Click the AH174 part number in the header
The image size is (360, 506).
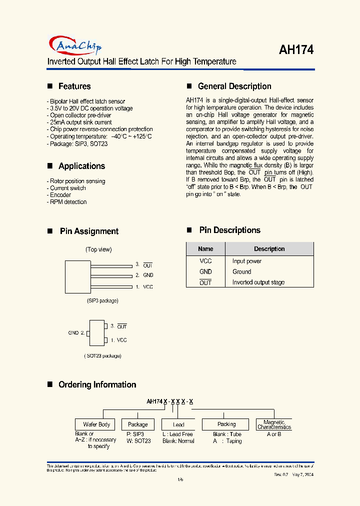click(x=295, y=49)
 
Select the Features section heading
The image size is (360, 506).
click(x=74, y=86)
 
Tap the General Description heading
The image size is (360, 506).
click(x=234, y=86)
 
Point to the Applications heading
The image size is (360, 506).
click(x=81, y=166)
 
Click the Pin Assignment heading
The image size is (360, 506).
click(x=89, y=231)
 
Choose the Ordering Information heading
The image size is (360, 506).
click(x=97, y=385)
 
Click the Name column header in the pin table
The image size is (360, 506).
click(x=205, y=249)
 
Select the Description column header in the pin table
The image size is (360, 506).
click(x=269, y=249)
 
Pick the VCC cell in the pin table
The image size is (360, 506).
click(x=205, y=261)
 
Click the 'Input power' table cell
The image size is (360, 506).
click(x=247, y=261)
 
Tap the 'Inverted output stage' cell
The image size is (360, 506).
click(x=258, y=282)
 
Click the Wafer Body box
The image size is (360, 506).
click(x=96, y=424)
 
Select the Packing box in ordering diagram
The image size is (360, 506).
click(x=226, y=424)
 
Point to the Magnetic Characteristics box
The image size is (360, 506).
click(x=274, y=424)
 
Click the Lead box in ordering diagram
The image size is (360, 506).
click(x=179, y=424)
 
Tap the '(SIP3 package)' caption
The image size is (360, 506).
click(x=102, y=300)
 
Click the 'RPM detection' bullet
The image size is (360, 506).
click(x=68, y=202)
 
